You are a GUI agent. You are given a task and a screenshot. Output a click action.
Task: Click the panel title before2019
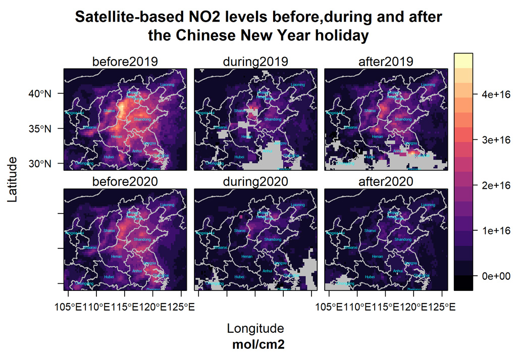point(125,62)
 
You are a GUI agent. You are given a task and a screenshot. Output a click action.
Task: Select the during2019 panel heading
point(255,62)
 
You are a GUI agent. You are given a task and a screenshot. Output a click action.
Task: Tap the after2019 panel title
point(386,62)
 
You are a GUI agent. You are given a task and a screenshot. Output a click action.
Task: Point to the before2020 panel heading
point(125,181)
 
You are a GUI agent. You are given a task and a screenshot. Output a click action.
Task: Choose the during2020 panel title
point(255,181)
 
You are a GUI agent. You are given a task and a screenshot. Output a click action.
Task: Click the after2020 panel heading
point(386,181)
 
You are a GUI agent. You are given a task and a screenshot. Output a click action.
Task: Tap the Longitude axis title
point(255,329)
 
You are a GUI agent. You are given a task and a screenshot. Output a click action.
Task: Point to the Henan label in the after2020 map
point(377,256)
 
